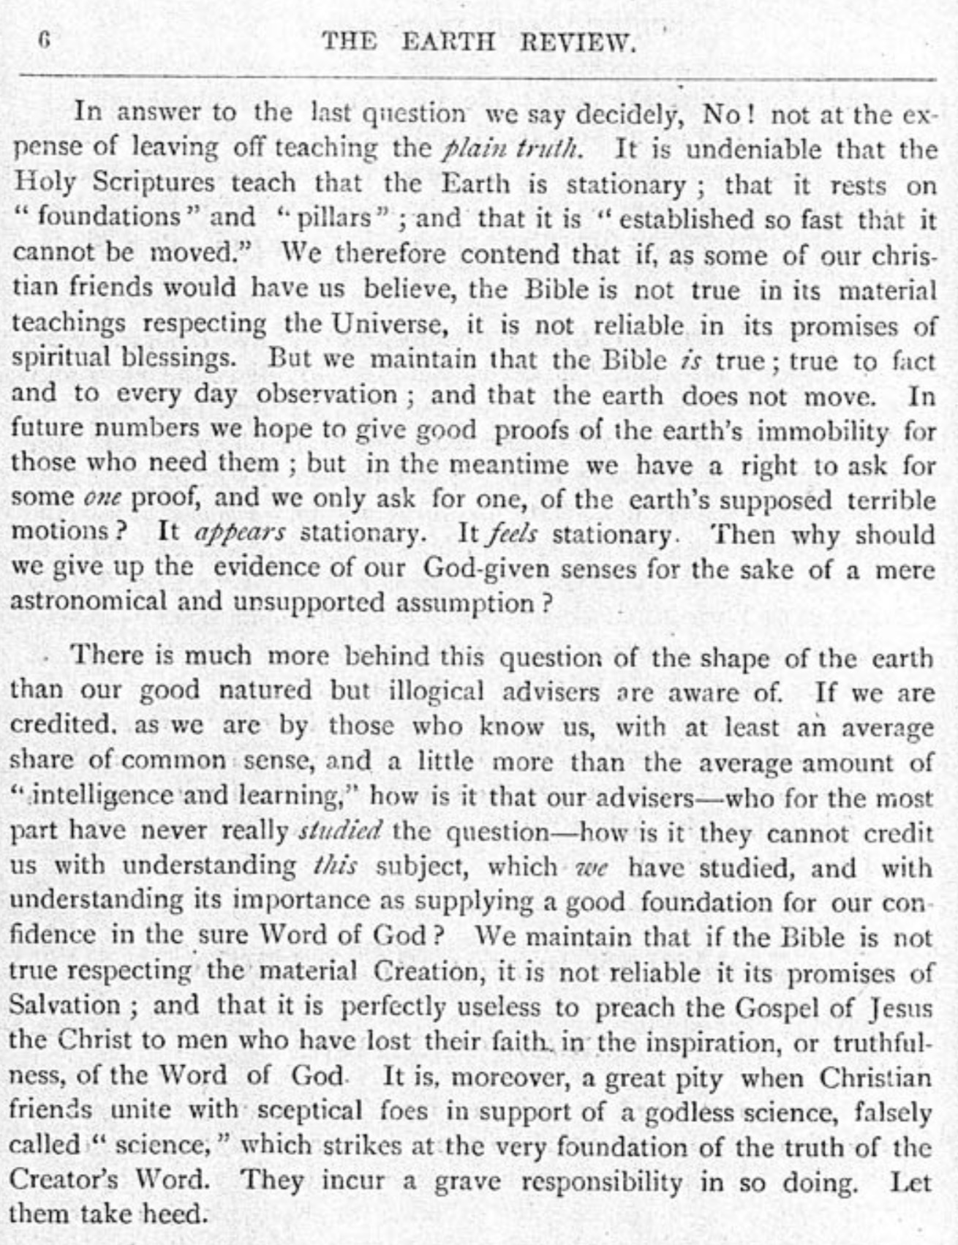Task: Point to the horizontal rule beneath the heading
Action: coord(479,76)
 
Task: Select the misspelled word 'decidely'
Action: coord(635,116)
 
